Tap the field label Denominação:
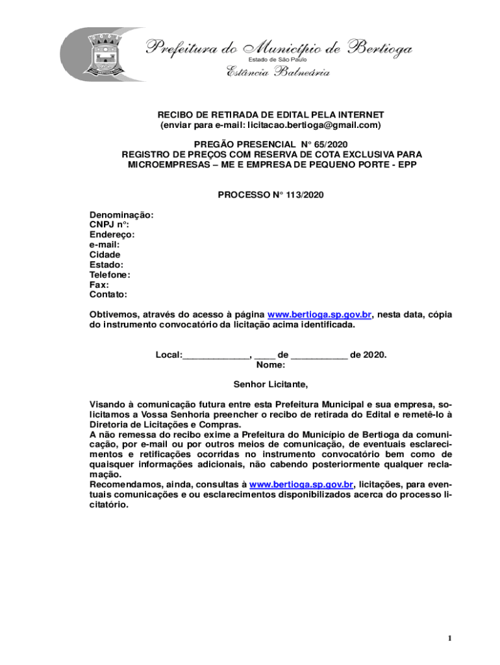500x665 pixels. coord(121,215)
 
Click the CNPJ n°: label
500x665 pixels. coord(109,225)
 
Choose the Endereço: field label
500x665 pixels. coord(112,234)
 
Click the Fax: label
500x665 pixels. coord(99,284)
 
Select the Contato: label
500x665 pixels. coord(108,294)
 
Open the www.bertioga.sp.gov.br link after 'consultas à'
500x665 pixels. coord(301,484)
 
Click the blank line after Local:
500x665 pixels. coord(216,355)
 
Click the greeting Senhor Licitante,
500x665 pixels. coord(271,385)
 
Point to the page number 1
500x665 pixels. coord(449,639)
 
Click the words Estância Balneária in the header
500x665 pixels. coord(278,72)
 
